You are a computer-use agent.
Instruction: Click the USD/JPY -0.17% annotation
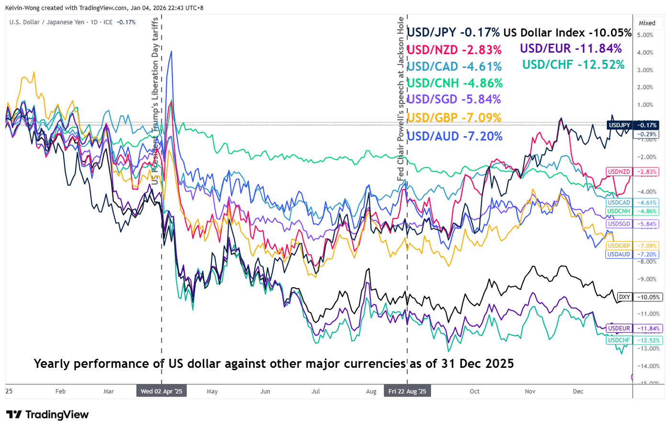[x=453, y=33]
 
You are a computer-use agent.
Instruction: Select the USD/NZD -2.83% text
[x=454, y=50]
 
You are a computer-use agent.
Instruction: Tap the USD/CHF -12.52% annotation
[x=573, y=65]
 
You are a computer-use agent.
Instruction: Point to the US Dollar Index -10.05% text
[x=567, y=33]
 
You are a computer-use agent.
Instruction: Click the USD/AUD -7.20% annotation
[x=454, y=136]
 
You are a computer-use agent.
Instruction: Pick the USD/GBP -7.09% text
[x=454, y=118]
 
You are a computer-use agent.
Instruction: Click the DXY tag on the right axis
[x=624, y=297]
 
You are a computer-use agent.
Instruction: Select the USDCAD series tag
[x=619, y=203]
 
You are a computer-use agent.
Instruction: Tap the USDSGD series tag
[x=619, y=224]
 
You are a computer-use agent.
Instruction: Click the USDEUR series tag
[x=619, y=329]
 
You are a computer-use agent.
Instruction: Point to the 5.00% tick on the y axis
[x=645, y=35]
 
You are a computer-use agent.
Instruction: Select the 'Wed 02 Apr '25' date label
[x=161, y=391]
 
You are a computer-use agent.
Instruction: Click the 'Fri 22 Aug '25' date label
[x=407, y=391]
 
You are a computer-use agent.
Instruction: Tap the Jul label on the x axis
[x=316, y=391]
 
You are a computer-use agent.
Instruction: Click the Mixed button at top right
[x=647, y=23]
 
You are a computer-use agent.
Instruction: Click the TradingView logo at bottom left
[x=47, y=415]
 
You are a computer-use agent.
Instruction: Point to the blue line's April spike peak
[x=171, y=51]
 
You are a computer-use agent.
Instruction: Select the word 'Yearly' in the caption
[x=52, y=364]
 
